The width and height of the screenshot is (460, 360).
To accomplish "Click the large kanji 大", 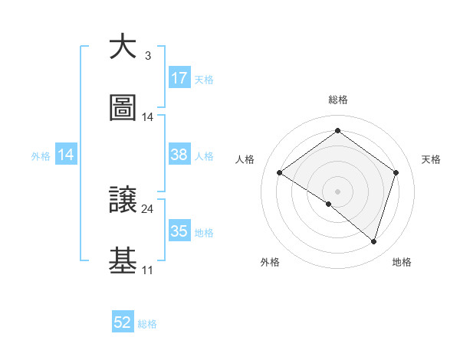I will pos(123,47).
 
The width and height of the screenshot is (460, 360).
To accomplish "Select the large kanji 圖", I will pos(123,109).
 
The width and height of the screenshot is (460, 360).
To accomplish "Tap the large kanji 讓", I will pos(123,201).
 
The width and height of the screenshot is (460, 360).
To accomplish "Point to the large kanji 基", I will pos(123,261).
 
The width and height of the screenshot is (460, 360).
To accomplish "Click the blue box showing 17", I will pos(179,78).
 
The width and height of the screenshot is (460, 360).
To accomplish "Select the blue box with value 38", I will pos(179,155).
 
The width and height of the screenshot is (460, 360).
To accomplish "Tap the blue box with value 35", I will pos(179,231).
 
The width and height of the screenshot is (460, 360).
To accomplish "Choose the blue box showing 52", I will pos(123,323).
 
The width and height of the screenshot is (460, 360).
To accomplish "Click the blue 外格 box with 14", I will pos(67,155).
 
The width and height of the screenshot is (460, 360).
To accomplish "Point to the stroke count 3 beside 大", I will pos(147,56).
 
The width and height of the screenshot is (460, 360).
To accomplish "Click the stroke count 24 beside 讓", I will pos(147,208).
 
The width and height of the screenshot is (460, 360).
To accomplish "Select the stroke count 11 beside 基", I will pos(147,270).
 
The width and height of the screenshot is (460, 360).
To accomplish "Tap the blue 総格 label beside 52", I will pos(147,324).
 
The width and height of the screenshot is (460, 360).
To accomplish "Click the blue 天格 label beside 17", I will pos(204,79).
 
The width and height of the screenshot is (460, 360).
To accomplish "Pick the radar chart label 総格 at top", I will pos(338,100).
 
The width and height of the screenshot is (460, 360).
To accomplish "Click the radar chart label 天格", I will pos(432,159).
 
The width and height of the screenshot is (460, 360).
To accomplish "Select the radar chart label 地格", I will pos(402,262).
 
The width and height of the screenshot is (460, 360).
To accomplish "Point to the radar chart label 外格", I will pos(270,262).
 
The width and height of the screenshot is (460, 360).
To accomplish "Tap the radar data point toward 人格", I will pos(280,173).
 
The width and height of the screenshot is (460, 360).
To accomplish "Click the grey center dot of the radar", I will pos(337,191).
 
